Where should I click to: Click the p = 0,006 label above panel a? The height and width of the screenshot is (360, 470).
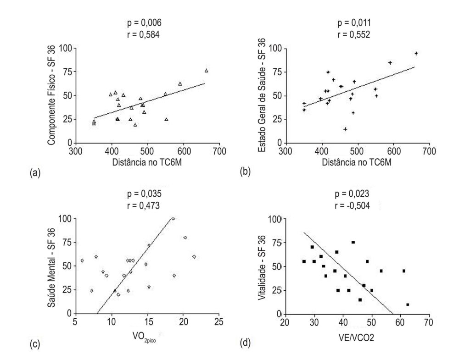(144, 23)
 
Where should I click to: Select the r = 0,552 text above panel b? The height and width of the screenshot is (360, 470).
(354, 35)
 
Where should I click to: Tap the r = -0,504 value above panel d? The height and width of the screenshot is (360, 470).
(352, 206)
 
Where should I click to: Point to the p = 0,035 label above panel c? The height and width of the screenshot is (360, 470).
(144, 194)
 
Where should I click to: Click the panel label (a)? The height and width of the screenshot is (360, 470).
(35, 173)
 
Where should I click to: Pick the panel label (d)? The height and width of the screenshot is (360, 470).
(245, 343)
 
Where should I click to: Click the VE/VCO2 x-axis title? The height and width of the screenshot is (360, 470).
(356, 338)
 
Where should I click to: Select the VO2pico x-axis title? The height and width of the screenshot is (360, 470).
(144, 337)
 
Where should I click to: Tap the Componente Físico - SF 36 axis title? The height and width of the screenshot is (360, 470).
(51, 95)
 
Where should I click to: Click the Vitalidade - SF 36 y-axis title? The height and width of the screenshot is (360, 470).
(262, 267)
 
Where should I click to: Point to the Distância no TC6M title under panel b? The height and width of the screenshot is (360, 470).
(357, 162)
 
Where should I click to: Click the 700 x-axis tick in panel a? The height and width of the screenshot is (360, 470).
(219, 151)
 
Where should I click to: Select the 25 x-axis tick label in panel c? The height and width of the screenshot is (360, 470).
(219, 321)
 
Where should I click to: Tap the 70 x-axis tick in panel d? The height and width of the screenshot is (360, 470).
(429, 322)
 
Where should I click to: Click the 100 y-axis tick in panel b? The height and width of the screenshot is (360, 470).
(275, 49)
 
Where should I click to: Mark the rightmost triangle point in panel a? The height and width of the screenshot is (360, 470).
(206, 71)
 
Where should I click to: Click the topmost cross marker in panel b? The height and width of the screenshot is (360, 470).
(416, 53)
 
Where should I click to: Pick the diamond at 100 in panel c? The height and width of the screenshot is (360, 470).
(173, 219)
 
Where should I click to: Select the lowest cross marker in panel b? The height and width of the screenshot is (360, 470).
(345, 129)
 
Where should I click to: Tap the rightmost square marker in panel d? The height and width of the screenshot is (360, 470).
(408, 305)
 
